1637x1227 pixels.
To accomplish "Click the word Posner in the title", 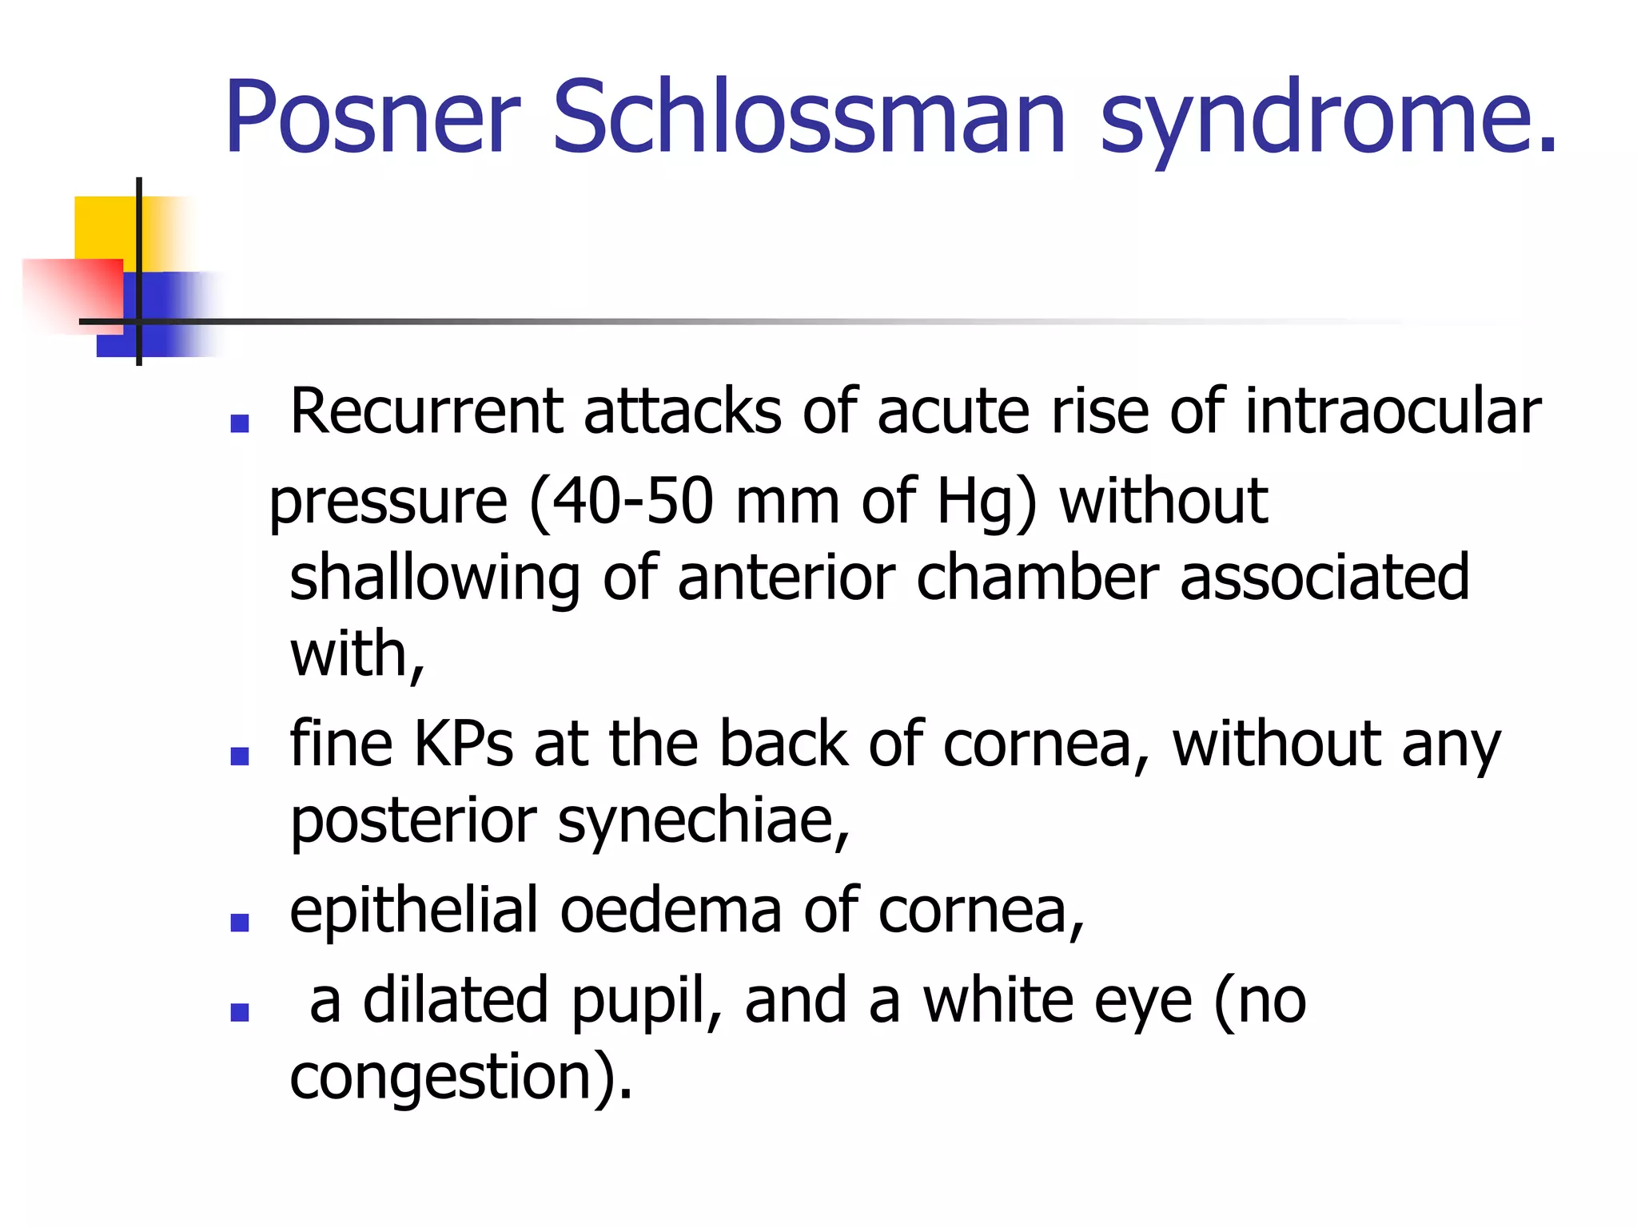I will click(x=372, y=117).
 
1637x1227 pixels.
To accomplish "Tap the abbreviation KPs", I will click(x=463, y=745).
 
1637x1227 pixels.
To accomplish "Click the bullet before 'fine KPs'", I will click(x=239, y=755).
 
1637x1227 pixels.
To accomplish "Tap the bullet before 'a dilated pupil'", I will click(x=239, y=1012).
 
